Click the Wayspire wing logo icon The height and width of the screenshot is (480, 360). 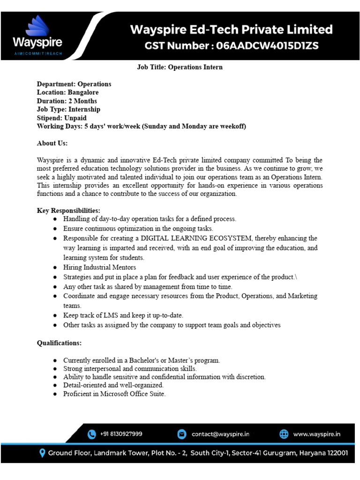click(x=38, y=26)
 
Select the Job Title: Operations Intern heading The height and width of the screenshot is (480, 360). click(x=180, y=67)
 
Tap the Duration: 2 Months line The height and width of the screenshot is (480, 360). click(x=67, y=101)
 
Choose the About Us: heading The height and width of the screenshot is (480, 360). click(x=52, y=143)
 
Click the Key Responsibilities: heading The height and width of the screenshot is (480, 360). click(x=68, y=210)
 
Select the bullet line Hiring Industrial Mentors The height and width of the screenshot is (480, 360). click(x=100, y=267)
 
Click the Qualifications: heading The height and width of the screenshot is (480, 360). click(x=59, y=343)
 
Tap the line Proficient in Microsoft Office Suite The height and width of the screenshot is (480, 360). click(x=114, y=394)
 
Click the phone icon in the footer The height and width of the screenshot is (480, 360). click(x=92, y=434)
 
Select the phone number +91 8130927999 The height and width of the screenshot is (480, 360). click(x=121, y=434)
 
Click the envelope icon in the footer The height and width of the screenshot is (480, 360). click(x=181, y=434)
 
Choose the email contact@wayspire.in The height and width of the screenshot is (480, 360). click(x=220, y=434)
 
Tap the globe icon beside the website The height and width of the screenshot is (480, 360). click(x=284, y=434)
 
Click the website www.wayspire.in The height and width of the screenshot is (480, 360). click(x=317, y=434)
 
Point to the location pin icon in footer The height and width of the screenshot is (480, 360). click(x=43, y=453)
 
